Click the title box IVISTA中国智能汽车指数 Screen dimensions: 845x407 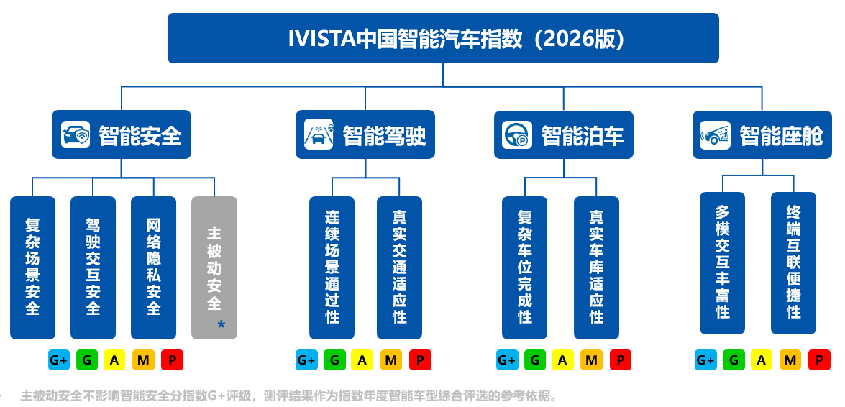click(x=443, y=38)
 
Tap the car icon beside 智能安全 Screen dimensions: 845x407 click(x=76, y=134)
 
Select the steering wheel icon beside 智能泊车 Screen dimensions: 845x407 click(x=517, y=134)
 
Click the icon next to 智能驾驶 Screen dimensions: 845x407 click(x=319, y=134)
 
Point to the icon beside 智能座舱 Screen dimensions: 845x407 click(x=715, y=134)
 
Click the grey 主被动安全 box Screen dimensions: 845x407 click(x=214, y=268)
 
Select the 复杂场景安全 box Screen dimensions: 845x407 click(x=33, y=268)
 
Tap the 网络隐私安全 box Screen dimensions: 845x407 click(x=154, y=268)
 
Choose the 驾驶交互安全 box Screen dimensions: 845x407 click(x=93, y=268)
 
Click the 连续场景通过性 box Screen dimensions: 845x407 click(x=332, y=268)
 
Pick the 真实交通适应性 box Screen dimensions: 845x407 click(x=399, y=268)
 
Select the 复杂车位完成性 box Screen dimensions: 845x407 click(x=525, y=268)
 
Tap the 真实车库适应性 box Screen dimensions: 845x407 click(x=597, y=268)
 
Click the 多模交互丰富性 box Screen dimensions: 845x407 click(x=723, y=264)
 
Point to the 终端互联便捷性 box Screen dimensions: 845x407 click(x=794, y=264)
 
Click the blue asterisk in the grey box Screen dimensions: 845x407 click(x=221, y=324)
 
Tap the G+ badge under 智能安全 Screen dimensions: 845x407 click(x=59, y=360)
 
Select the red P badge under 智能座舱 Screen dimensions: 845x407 click(x=819, y=360)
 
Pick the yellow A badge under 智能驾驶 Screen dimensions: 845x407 click(x=362, y=360)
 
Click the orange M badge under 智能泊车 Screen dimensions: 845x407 click(x=591, y=360)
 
